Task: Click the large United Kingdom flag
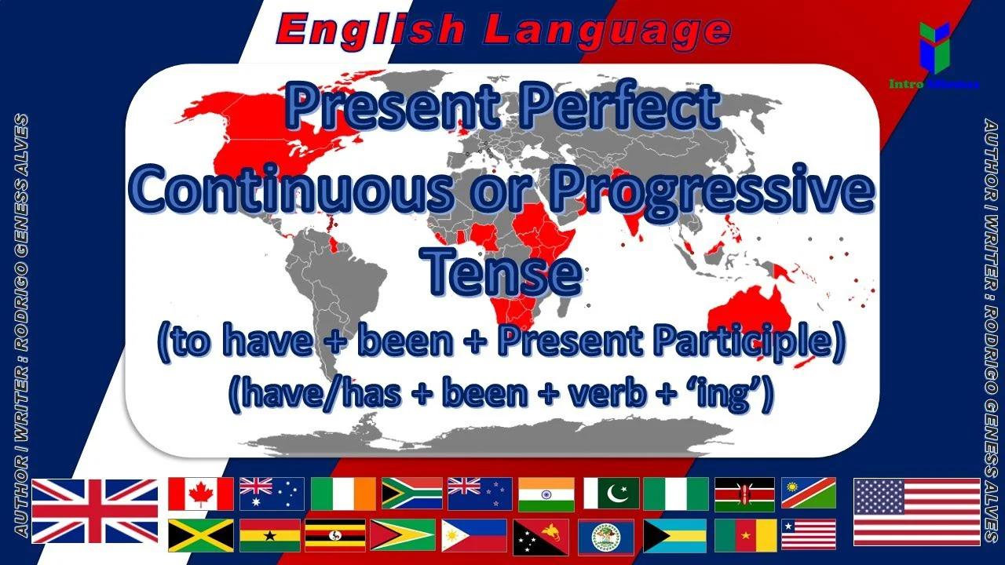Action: [x=95, y=511]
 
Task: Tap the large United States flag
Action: [x=916, y=511]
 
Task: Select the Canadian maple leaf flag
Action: [x=201, y=494]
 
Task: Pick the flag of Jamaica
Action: [x=201, y=535]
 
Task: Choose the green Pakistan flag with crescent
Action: [x=612, y=494]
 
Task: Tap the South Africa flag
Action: [x=412, y=494]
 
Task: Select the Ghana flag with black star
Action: [x=270, y=535]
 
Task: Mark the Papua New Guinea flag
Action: [x=541, y=535]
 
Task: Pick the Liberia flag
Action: [x=809, y=535]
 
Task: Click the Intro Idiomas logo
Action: [x=934, y=55]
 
